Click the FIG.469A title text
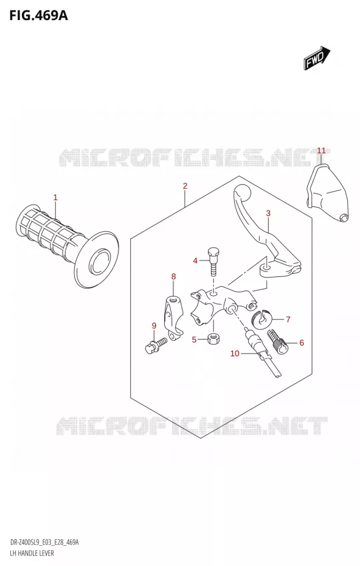(38, 16)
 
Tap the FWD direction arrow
(317, 58)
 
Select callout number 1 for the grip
(55, 197)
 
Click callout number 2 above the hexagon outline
(185, 186)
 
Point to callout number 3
(268, 214)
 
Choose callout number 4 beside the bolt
(195, 260)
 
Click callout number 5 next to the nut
(194, 340)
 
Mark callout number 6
(302, 343)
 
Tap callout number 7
(288, 319)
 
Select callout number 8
(173, 277)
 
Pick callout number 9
(154, 326)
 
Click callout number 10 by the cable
(235, 354)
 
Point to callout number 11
(321, 150)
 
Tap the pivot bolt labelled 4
(213, 260)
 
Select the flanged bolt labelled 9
(155, 346)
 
